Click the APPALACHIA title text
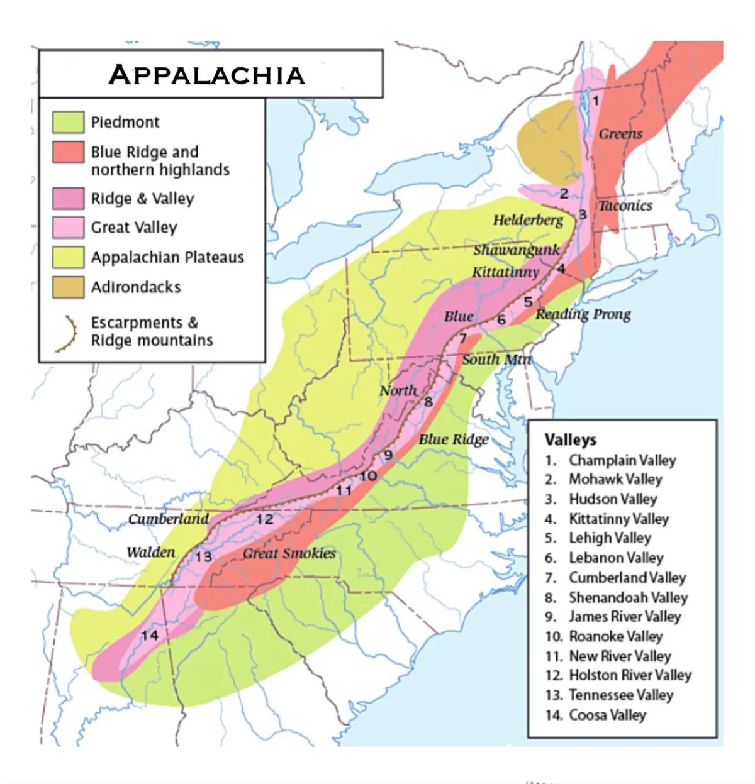(x=207, y=75)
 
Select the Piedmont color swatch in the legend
(x=68, y=122)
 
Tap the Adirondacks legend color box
(x=68, y=287)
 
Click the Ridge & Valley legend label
(x=142, y=199)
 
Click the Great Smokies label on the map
(x=289, y=553)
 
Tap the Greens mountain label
(x=620, y=133)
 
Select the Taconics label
(x=625, y=205)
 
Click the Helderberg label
(x=528, y=219)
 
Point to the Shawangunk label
(x=516, y=250)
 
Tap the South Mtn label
(x=496, y=359)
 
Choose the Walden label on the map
(x=151, y=552)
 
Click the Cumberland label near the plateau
(x=168, y=519)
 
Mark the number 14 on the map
(x=150, y=635)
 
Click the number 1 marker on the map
(x=596, y=100)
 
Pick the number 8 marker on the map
(x=428, y=402)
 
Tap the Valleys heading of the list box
(x=570, y=439)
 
